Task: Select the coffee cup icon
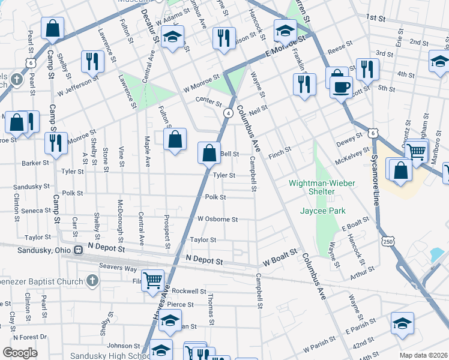click(341, 87)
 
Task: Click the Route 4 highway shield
click(229, 113)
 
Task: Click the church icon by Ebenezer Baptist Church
click(91, 280)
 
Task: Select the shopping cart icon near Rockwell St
click(153, 279)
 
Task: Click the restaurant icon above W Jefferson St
click(92, 61)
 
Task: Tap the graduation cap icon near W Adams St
click(172, 37)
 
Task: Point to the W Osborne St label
click(217, 220)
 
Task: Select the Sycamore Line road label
click(376, 179)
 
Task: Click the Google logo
click(20, 353)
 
